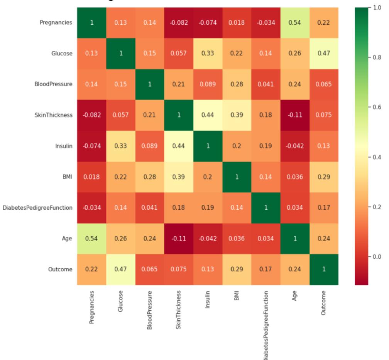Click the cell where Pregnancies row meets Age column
(294, 22)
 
